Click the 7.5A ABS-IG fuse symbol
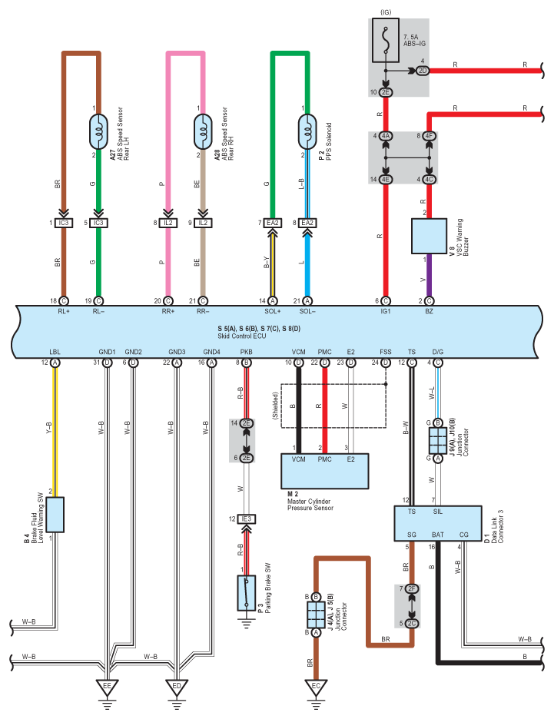tap(385, 41)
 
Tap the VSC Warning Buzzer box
tap(429, 236)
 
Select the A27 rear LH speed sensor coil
tap(98, 132)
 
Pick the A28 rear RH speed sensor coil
tap(203, 132)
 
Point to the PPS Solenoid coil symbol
tap(307, 132)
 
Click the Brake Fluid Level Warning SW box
tap(55, 515)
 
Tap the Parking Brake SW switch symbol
tap(247, 593)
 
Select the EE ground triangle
tap(107, 688)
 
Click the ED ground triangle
tap(177, 688)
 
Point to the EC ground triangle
tap(316, 688)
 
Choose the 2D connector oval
tap(423, 71)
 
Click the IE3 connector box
tap(247, 519)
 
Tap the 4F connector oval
tap(429, 136)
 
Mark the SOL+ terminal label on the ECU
tap(273, 311)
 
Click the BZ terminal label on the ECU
tap(429, 311)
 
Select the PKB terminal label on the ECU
tap(247, 352)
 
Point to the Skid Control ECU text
tap(242, 336)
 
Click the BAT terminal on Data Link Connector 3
tap(437, 535)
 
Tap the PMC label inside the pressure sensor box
tap(325, 459)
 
